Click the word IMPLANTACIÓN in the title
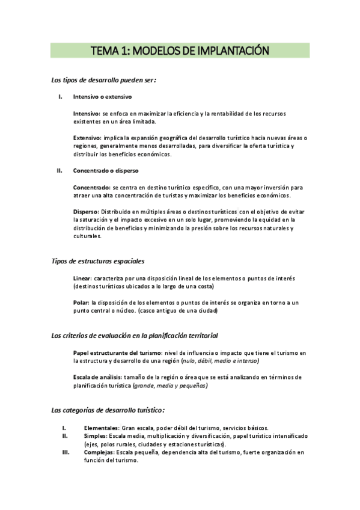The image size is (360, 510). (x=228, y=50)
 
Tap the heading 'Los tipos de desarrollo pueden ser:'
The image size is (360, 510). (x=104, y=80)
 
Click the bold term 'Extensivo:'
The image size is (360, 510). (x=87, y=137)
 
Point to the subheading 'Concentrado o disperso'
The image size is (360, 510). (x=105, y=171)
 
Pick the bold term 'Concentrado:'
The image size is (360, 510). (x=92, y=187)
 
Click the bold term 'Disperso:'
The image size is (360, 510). (x=86, y=212)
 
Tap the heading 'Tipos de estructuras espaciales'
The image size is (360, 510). (x=98, y=261)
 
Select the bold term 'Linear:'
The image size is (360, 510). (x=82, y=278)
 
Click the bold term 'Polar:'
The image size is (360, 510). (x=81, y=303)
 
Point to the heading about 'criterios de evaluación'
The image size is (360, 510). (x=135, y=335)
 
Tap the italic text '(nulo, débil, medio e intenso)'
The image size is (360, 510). (x=221, y=361)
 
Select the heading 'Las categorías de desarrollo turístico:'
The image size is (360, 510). (x=108, y=410)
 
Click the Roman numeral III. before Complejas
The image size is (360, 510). (x=67, y=452)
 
